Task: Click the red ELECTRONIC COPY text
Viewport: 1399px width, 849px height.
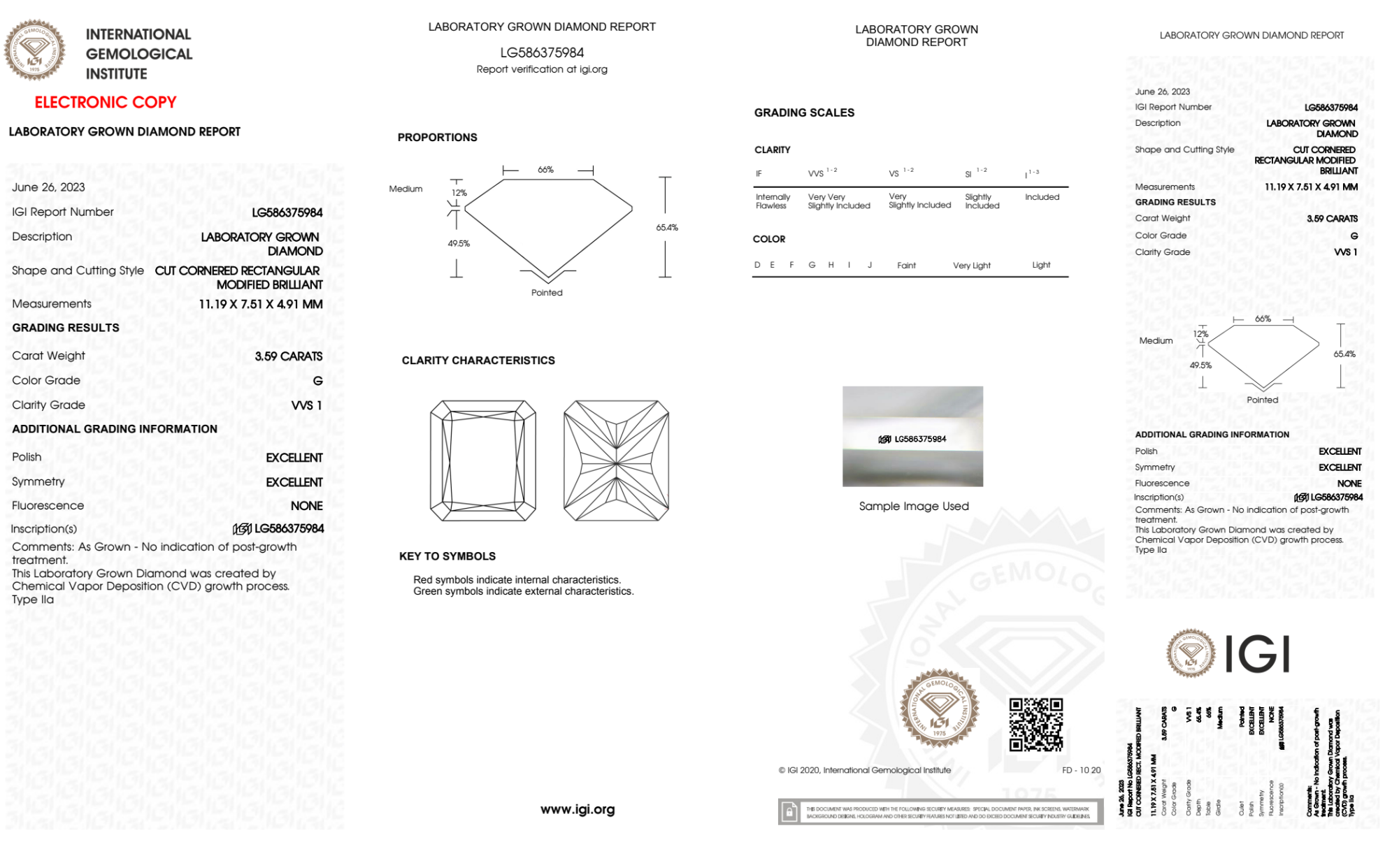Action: (x=106, y=103)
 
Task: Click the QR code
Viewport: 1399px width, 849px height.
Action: (x=1035, y=725)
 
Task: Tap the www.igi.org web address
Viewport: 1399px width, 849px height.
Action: (x=577, y=809)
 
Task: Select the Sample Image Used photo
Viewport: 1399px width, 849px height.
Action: (x=912, y=437)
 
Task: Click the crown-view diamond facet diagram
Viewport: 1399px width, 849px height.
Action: (x=483, y=460)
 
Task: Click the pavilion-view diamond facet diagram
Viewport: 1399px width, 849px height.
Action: (x=616, y=460)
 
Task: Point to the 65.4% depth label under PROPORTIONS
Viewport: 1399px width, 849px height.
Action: (x=667, y=228)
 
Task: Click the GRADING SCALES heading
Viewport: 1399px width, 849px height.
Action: (x=804, y=113)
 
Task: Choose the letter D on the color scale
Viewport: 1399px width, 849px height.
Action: (x=757, y=265)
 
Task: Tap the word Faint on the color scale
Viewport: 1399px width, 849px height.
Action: (x=906, y=266)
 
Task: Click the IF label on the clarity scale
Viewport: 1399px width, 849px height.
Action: (x=759, y=174)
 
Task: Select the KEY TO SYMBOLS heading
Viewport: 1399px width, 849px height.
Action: (x=447, y=556)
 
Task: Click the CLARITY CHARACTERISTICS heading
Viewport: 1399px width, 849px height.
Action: (x=478, y=361)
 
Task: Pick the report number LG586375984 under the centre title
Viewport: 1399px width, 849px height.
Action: (x=542, y=52)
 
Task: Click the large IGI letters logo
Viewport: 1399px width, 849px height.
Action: (x=1258, y=655)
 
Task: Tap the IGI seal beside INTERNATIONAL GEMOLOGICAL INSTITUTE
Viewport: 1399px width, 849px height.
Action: (x=34, y=50)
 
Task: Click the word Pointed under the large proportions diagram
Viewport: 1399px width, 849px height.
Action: (x=547, y=293)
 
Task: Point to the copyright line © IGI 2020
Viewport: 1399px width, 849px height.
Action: (x=865, y=770)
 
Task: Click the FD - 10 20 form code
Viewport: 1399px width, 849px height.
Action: (x=1081, y=770)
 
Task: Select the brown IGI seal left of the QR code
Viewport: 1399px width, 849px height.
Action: (x=939, y=709)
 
